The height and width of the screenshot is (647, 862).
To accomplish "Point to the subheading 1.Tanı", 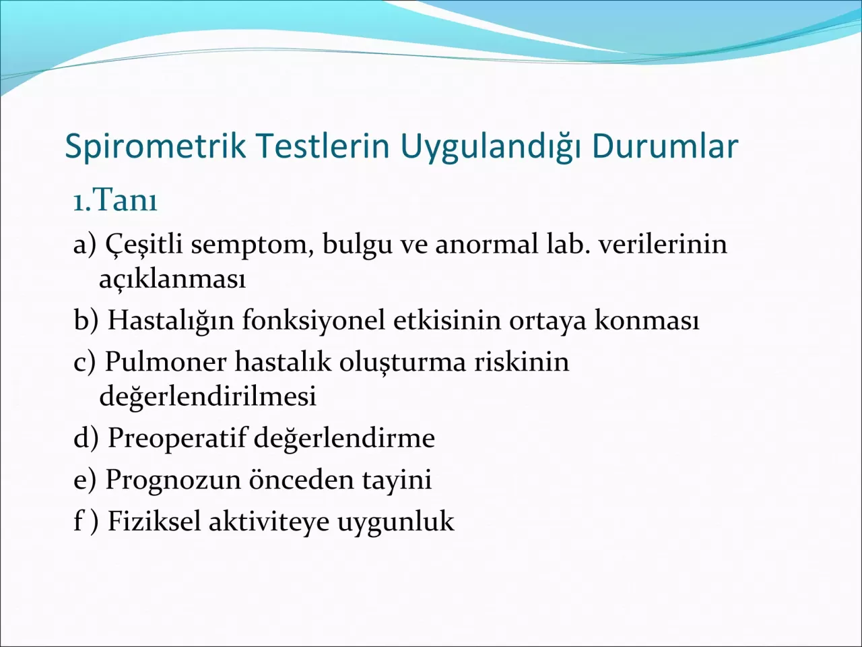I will coord(115,200).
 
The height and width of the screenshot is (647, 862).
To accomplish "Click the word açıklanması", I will coord(172,278).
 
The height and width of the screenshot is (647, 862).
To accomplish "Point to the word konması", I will coord(646,320).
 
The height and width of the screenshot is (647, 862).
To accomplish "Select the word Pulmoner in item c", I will coord(166,362).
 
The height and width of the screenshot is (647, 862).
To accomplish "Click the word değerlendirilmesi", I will coord(207,396).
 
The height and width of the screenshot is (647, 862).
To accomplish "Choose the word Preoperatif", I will coord(178,439).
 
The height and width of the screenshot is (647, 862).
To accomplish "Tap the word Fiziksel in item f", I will coord(154,522).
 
